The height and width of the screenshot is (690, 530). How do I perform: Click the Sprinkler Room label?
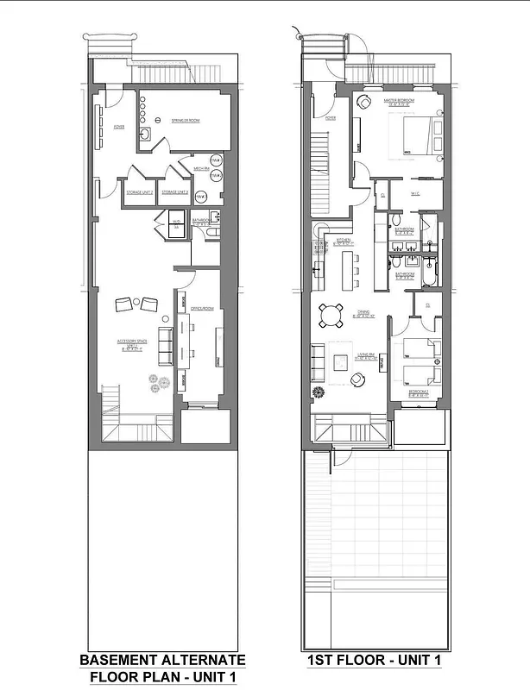coord(186,121)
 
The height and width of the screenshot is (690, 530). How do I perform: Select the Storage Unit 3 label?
coord(175,191)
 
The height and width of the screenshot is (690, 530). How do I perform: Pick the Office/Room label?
coord(202,308)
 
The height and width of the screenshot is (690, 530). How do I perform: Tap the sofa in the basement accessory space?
coord(164,346)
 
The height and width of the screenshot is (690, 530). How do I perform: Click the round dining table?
coord(331,317)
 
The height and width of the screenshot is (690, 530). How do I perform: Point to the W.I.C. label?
coord(414,192)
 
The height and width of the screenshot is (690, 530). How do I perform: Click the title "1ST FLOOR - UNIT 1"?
coord(375,661)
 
